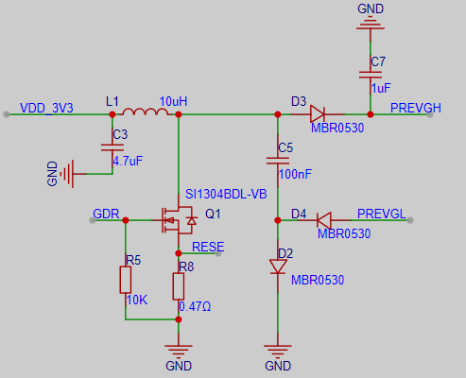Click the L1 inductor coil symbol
coord(146,112)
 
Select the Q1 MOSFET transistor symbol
coord(179,220)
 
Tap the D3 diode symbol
coord(318,114)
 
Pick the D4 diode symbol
coord(324,220)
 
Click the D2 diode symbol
coord(278,266)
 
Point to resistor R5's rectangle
coord(126,280)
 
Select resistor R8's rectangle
coord(179,286)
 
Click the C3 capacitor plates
coord(112,147)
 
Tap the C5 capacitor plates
coord(278,161)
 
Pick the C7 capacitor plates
coord(371,75)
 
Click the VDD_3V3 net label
coord(46,108)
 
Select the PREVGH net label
coord(416,108)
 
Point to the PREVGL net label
coord(382,214)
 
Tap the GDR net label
coord(106,214)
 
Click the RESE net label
coord(208,247)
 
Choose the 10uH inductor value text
coord(173,101)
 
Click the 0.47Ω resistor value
coord(195,306)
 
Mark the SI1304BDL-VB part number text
coord(226,194)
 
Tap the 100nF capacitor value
coord(295,174)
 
